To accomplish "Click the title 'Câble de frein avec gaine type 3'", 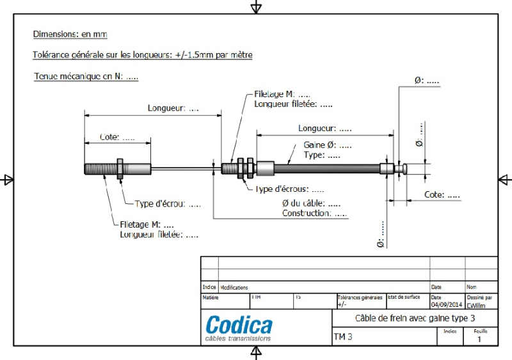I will pyautogui.click(x=415, y=318).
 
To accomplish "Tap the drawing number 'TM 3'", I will pyautogui.click(x=343, y=337).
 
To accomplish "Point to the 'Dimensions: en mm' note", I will pyautogui.click(x=74, y=34).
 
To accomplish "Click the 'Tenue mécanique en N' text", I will pyautogui.click(x=86, y=77).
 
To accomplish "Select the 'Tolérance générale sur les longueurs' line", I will pyautogui.click(x=142, y=55).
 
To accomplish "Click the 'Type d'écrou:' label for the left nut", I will pyautogui.click(x=168, y=204).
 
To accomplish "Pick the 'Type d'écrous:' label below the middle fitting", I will pyautogui.click(x=289, y=189).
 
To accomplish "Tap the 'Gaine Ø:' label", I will pyautogui.click(x=328, y=145).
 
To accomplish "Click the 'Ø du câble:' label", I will pyautogui.click(x=311, y=203).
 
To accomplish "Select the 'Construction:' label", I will pyautogui.click(x=314, y=213).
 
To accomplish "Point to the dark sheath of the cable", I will pyautogui.click(x=326, y=169).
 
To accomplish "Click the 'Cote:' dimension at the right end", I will pyautogui.click(x=442, y=194).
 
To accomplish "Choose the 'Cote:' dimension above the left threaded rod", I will pyautogui.click(x=118, y=137).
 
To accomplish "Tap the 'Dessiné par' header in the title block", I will pyautogui.click(x=479, y=297).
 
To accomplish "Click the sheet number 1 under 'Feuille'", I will pyautogui.click(x=479, y=340).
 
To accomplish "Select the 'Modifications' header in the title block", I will pyautogui.click(x=234, y=288).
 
